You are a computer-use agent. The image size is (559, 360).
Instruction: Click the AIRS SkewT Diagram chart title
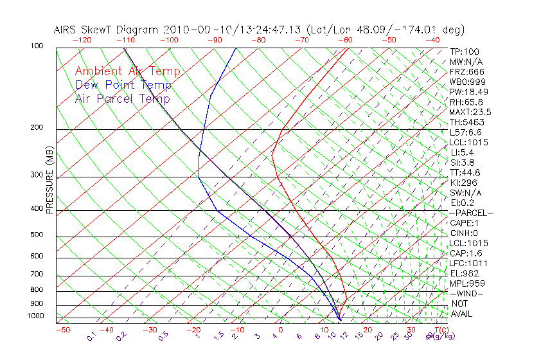click(259, 30)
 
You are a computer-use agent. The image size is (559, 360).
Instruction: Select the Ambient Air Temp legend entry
click(127, 72)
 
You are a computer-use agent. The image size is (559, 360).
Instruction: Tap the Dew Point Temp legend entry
click(123, 85)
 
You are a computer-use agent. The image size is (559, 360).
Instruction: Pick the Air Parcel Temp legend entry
click(123, 99)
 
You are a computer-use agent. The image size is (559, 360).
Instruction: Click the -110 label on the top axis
click(125, 40)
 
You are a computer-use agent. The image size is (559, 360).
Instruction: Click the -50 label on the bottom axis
click(62, 330)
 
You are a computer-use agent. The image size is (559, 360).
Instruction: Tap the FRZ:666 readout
click(466, 72)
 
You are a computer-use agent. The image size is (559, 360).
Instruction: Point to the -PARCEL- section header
click(471, 213)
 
